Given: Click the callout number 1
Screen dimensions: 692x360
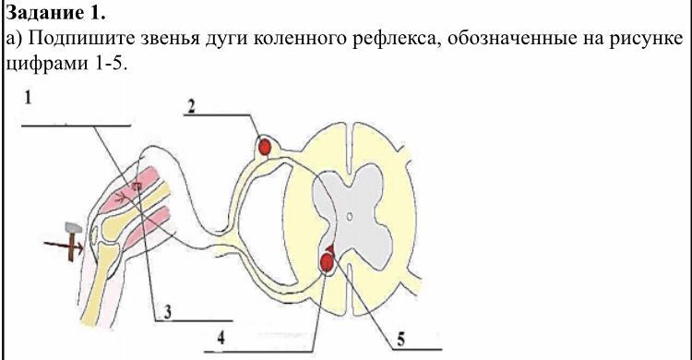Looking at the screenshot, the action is coord(29,97).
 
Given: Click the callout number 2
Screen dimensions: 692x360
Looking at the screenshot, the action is coord(191,106).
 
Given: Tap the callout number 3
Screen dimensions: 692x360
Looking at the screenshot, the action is coord(168,312).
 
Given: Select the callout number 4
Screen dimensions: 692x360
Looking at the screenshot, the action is coord(221,338).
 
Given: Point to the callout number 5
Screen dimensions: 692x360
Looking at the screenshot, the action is coord(400,340).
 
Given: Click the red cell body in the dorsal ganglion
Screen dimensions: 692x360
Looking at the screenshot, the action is coord(265,147).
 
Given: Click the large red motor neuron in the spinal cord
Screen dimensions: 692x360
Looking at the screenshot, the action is coord(327,262).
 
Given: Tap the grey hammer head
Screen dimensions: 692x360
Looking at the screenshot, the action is coord(73,228).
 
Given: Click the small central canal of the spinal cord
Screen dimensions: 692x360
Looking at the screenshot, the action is coord(349,216).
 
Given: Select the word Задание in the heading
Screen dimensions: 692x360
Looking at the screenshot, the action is coord(44,13).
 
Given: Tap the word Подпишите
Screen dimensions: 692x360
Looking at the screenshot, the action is coord(82,39).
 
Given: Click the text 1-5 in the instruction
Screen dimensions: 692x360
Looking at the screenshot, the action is coord(110,65).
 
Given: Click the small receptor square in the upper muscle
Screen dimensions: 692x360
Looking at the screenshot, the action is coord(137,186).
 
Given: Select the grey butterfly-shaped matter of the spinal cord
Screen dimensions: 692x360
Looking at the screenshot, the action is coord(353,217).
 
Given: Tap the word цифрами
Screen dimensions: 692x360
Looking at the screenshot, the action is coord(47,65).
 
